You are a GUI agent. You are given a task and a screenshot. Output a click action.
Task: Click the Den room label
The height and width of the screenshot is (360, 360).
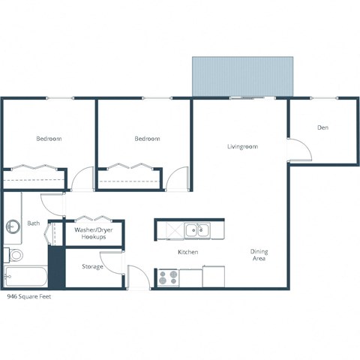[322, 127]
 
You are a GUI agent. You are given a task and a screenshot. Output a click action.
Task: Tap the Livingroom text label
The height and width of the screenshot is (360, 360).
[242, 146]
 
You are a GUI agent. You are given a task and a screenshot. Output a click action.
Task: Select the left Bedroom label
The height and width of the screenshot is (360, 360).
[49, 139]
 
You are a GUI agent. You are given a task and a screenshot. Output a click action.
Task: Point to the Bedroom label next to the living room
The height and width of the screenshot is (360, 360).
[147, 139]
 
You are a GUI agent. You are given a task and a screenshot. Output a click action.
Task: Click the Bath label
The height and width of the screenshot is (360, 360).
[34, 223]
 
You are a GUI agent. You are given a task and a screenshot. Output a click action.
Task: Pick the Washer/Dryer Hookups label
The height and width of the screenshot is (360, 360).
[94, 233]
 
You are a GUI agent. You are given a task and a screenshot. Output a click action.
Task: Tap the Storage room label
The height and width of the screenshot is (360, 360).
[92, 266]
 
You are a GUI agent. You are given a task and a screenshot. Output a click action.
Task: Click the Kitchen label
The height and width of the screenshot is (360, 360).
[187, 252]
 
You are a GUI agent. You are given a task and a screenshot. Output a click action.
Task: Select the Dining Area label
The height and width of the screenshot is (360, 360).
[259, 256]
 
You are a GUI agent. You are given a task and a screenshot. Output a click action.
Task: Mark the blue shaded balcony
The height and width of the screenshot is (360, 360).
[241, 76]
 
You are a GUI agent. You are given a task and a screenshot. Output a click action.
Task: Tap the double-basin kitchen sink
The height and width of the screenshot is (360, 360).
[197, 230]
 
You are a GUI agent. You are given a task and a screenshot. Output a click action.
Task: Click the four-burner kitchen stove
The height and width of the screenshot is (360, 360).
[168, 277]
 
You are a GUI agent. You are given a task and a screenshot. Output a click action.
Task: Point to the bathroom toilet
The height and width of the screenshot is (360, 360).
[14, 254]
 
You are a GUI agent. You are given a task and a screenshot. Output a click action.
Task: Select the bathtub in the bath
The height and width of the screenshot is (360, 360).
[25, 277]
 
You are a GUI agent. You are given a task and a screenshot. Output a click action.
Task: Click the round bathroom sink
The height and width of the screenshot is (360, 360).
[13, 226]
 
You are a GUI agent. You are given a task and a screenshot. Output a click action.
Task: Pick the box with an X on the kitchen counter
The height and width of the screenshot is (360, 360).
[170, 230]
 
